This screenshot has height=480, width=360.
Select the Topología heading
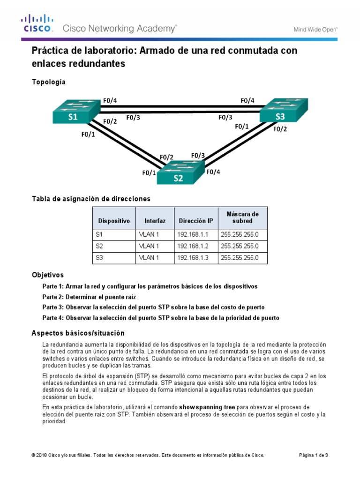[x=49, y=82]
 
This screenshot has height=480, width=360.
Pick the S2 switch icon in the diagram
[x=180, y=173]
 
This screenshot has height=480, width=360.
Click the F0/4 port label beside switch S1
[x=110, y=100]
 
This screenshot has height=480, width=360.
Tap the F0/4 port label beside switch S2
[x=213, y=172]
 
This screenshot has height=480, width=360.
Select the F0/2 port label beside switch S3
[x=280, y=130]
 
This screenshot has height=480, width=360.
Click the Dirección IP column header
[x=195, y=221]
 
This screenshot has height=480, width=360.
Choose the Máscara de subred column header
[x=242, y=217]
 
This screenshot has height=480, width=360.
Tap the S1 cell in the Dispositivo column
[x=99, y=234]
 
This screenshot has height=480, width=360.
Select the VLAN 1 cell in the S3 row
[x=149, y=257]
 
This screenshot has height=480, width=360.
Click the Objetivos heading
[x=47, y=275]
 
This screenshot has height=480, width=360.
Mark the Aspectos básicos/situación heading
[x=78, y=333]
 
